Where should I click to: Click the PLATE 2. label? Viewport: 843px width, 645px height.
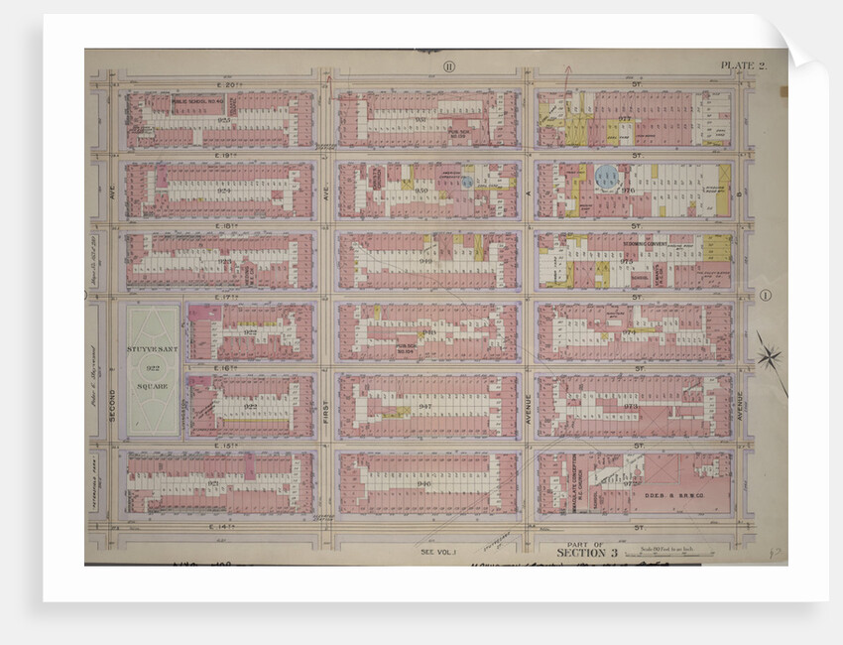point(743,66)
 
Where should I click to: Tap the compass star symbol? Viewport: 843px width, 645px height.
point(769,356)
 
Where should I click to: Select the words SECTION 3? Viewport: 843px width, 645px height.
point(586,552)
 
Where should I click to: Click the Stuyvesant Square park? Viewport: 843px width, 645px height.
point(153,369)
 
